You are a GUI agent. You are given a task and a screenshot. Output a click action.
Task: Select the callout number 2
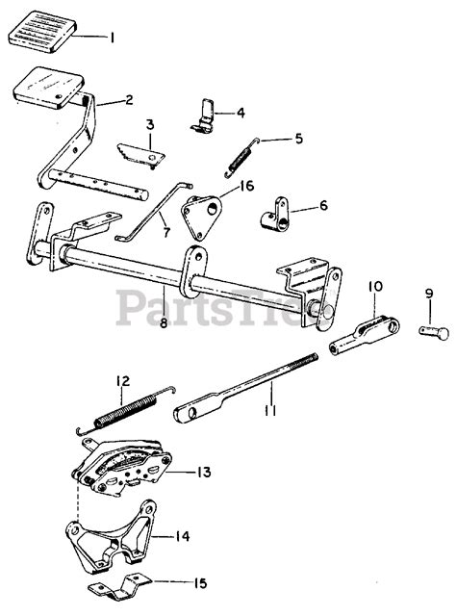pos(129,101)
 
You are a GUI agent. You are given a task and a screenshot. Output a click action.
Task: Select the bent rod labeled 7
pos(152,208)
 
